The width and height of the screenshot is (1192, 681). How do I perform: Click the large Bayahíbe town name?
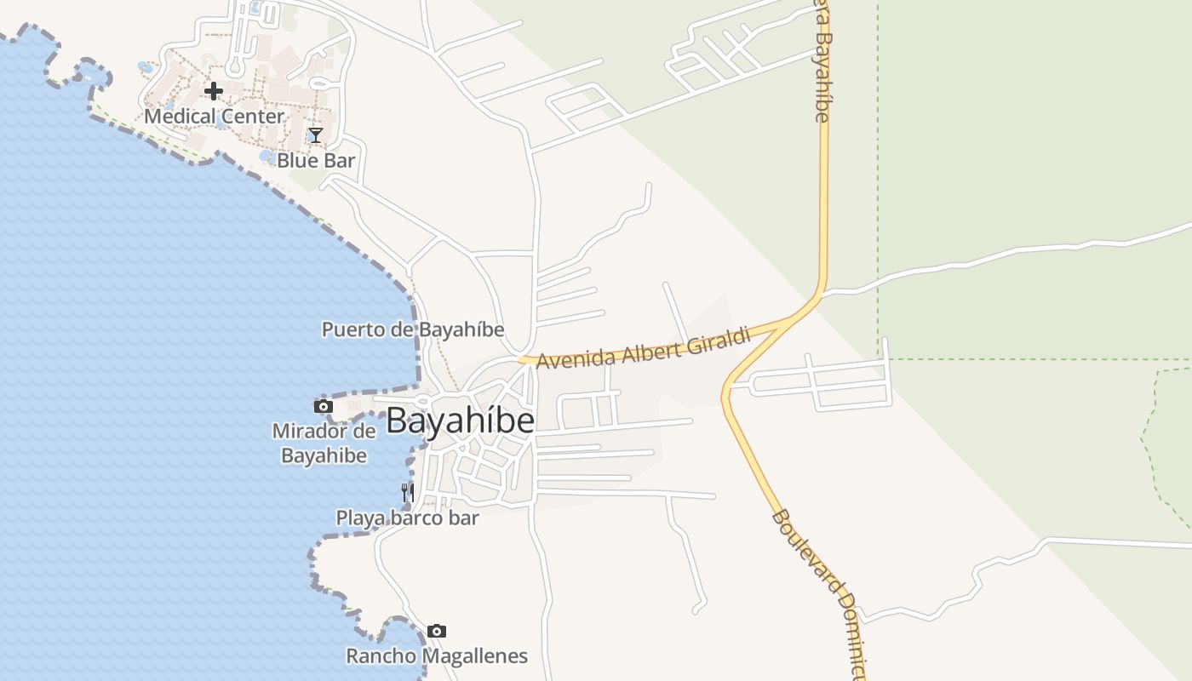click(460, 421)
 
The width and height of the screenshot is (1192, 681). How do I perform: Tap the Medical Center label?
click(214, 116)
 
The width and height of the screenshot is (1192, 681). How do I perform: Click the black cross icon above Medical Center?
click(214, 90)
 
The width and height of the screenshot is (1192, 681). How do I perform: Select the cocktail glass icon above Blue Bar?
click(315, 134)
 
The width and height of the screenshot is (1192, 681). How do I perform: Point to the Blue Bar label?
click(316, 160)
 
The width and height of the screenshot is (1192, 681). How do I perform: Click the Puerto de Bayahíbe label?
click(413, 329)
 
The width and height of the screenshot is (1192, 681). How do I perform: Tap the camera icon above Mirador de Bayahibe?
click(324, 406)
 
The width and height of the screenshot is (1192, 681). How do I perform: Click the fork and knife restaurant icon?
click(408, 492)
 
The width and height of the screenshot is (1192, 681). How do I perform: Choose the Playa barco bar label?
click(407, 518)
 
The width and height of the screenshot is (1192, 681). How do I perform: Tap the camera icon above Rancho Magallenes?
click(437, 631)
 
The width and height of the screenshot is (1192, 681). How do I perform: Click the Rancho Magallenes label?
click(437, 656)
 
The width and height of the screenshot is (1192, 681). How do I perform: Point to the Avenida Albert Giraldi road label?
click(644, 348)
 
